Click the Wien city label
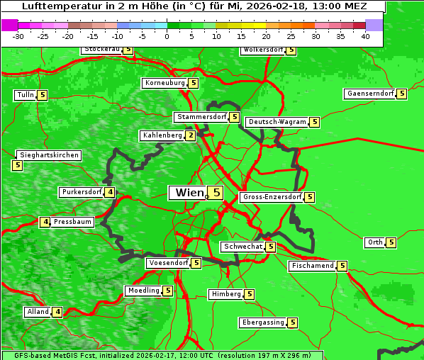coord(189,193)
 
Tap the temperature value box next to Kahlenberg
coord(191,135)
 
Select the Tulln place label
coord(25,95)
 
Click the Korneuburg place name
coord(164,83)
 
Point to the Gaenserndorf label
coord(369,94)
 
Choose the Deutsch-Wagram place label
coord(277,122)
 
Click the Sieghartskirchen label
coord(49,155)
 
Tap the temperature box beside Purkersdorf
coord(110,192)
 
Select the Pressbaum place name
coord(73,222)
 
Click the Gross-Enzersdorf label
coord(272,197)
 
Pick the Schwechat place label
coord(242,247)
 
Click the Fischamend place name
coord(312,266)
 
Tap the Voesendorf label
coord(168,263)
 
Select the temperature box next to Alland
coord(57,312)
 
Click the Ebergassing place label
coord(263,322)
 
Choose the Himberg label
coord(226,294)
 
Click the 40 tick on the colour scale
coord(365,37)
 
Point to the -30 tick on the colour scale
coord(19,37)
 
